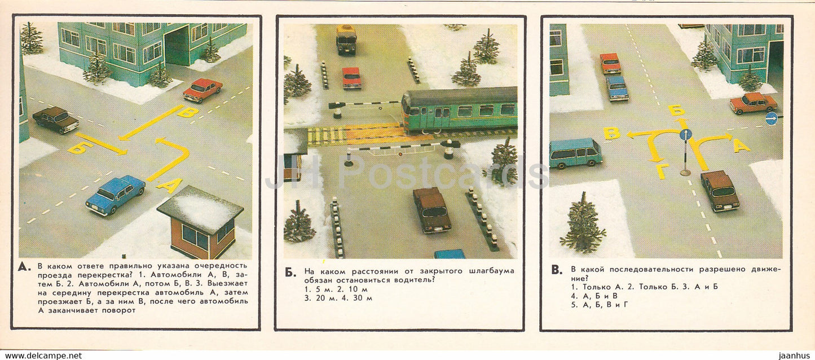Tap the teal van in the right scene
[575, 153]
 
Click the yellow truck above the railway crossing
[346, 39]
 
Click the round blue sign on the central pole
[685, 134]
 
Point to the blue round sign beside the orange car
[771, 118]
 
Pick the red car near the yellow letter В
[202, 90]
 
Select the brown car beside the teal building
[55, 120]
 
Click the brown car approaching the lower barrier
[432, 209]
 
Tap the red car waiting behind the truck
[351, 78]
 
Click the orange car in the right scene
[753, 103]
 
